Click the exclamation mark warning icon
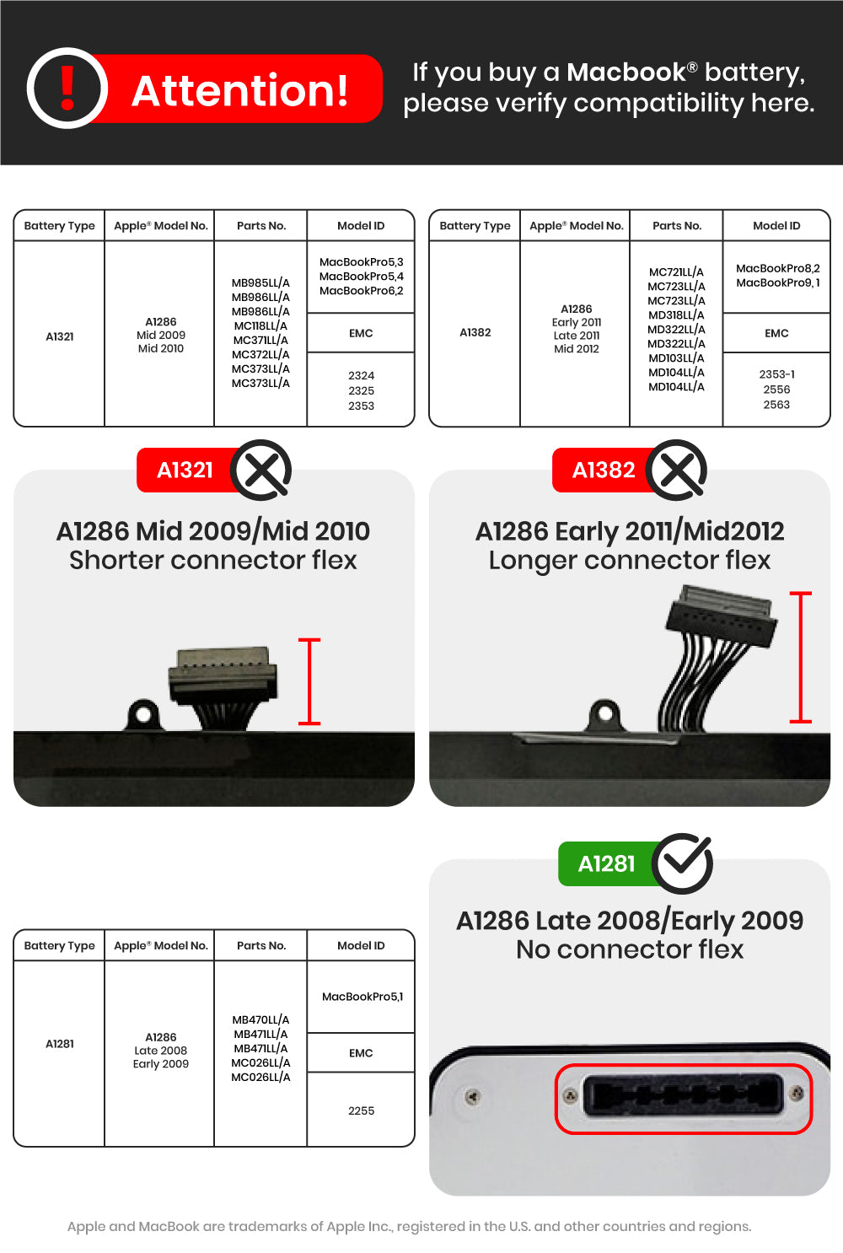pos(67,89)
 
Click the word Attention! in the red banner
pos(240,90)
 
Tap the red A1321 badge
pos(185,470)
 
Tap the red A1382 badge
pos(603,470)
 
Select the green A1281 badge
pos(606,863)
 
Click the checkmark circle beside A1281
pos(682,863)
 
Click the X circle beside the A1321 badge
pos(261,470)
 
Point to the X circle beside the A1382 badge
pos(677,470)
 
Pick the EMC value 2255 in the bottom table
pos(361,1110)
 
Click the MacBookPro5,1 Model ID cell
pos(362,997)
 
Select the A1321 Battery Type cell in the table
pos(60,336)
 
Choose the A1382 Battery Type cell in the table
pos(475,332)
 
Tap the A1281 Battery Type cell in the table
pos(60,1044)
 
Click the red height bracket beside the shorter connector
pos(309,681)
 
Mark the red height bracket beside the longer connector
pos(800,658)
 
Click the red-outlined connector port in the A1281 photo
pos(683,1098)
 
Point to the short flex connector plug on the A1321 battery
pos(223,676)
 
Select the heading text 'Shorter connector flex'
pos(213,560)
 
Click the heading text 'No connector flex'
pos(630,949)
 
